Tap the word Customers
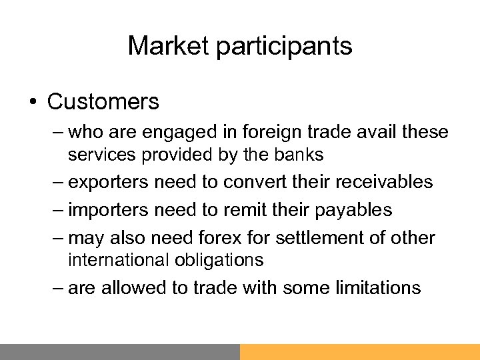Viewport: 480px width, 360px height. [x=103, y=102]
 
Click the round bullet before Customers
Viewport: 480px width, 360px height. [x=33, y=102]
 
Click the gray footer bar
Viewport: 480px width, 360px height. [x=120, y=352]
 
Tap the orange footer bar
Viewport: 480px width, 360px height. [x=360, y=352]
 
